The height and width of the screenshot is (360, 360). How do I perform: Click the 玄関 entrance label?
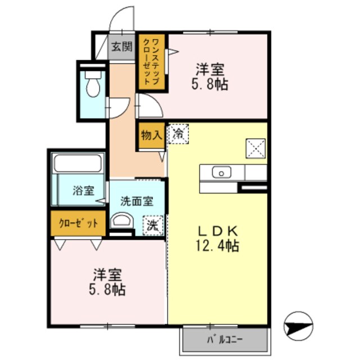coord(120,47)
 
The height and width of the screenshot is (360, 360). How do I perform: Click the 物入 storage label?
coord(151,136)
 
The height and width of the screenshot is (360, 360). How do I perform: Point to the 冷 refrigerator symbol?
coord(178,134)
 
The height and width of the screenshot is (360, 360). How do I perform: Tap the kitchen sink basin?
coord(221,172)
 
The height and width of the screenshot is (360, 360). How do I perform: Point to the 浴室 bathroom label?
coord(83,191)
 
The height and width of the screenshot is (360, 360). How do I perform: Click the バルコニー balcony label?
coord(224,340)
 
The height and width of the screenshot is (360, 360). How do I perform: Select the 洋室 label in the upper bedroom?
coord(210,70)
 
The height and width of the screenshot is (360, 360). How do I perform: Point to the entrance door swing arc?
coord(121,20)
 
